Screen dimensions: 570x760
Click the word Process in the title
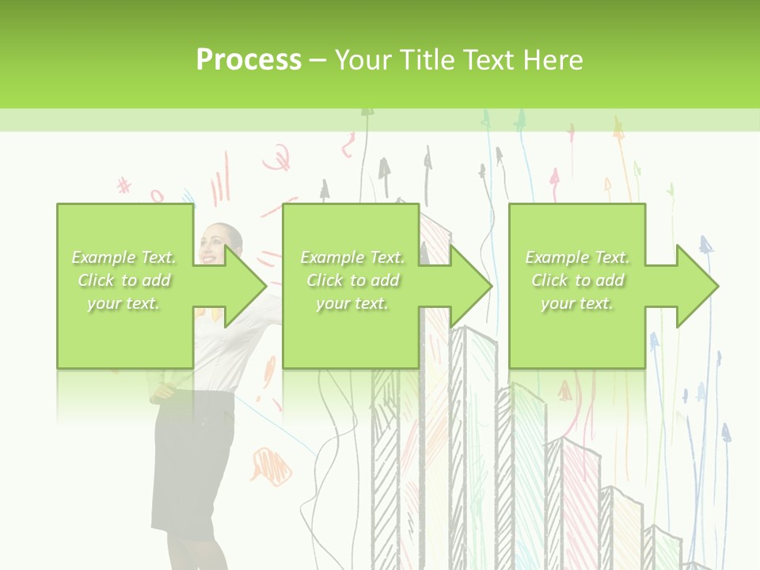point(249,60)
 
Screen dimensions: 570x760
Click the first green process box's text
point(124,280)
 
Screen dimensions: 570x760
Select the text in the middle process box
point(352,280)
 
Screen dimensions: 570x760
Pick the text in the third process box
point(577,280)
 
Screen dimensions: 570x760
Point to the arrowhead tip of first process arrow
point(265,286)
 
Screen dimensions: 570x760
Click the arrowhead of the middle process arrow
point(491,286)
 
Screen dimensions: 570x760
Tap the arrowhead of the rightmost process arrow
point(716,286)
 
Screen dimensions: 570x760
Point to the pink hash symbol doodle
point(124,186)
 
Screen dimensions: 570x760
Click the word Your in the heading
point(360,60)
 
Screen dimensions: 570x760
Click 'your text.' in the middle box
point(352,303)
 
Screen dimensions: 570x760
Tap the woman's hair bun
point(237,232)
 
